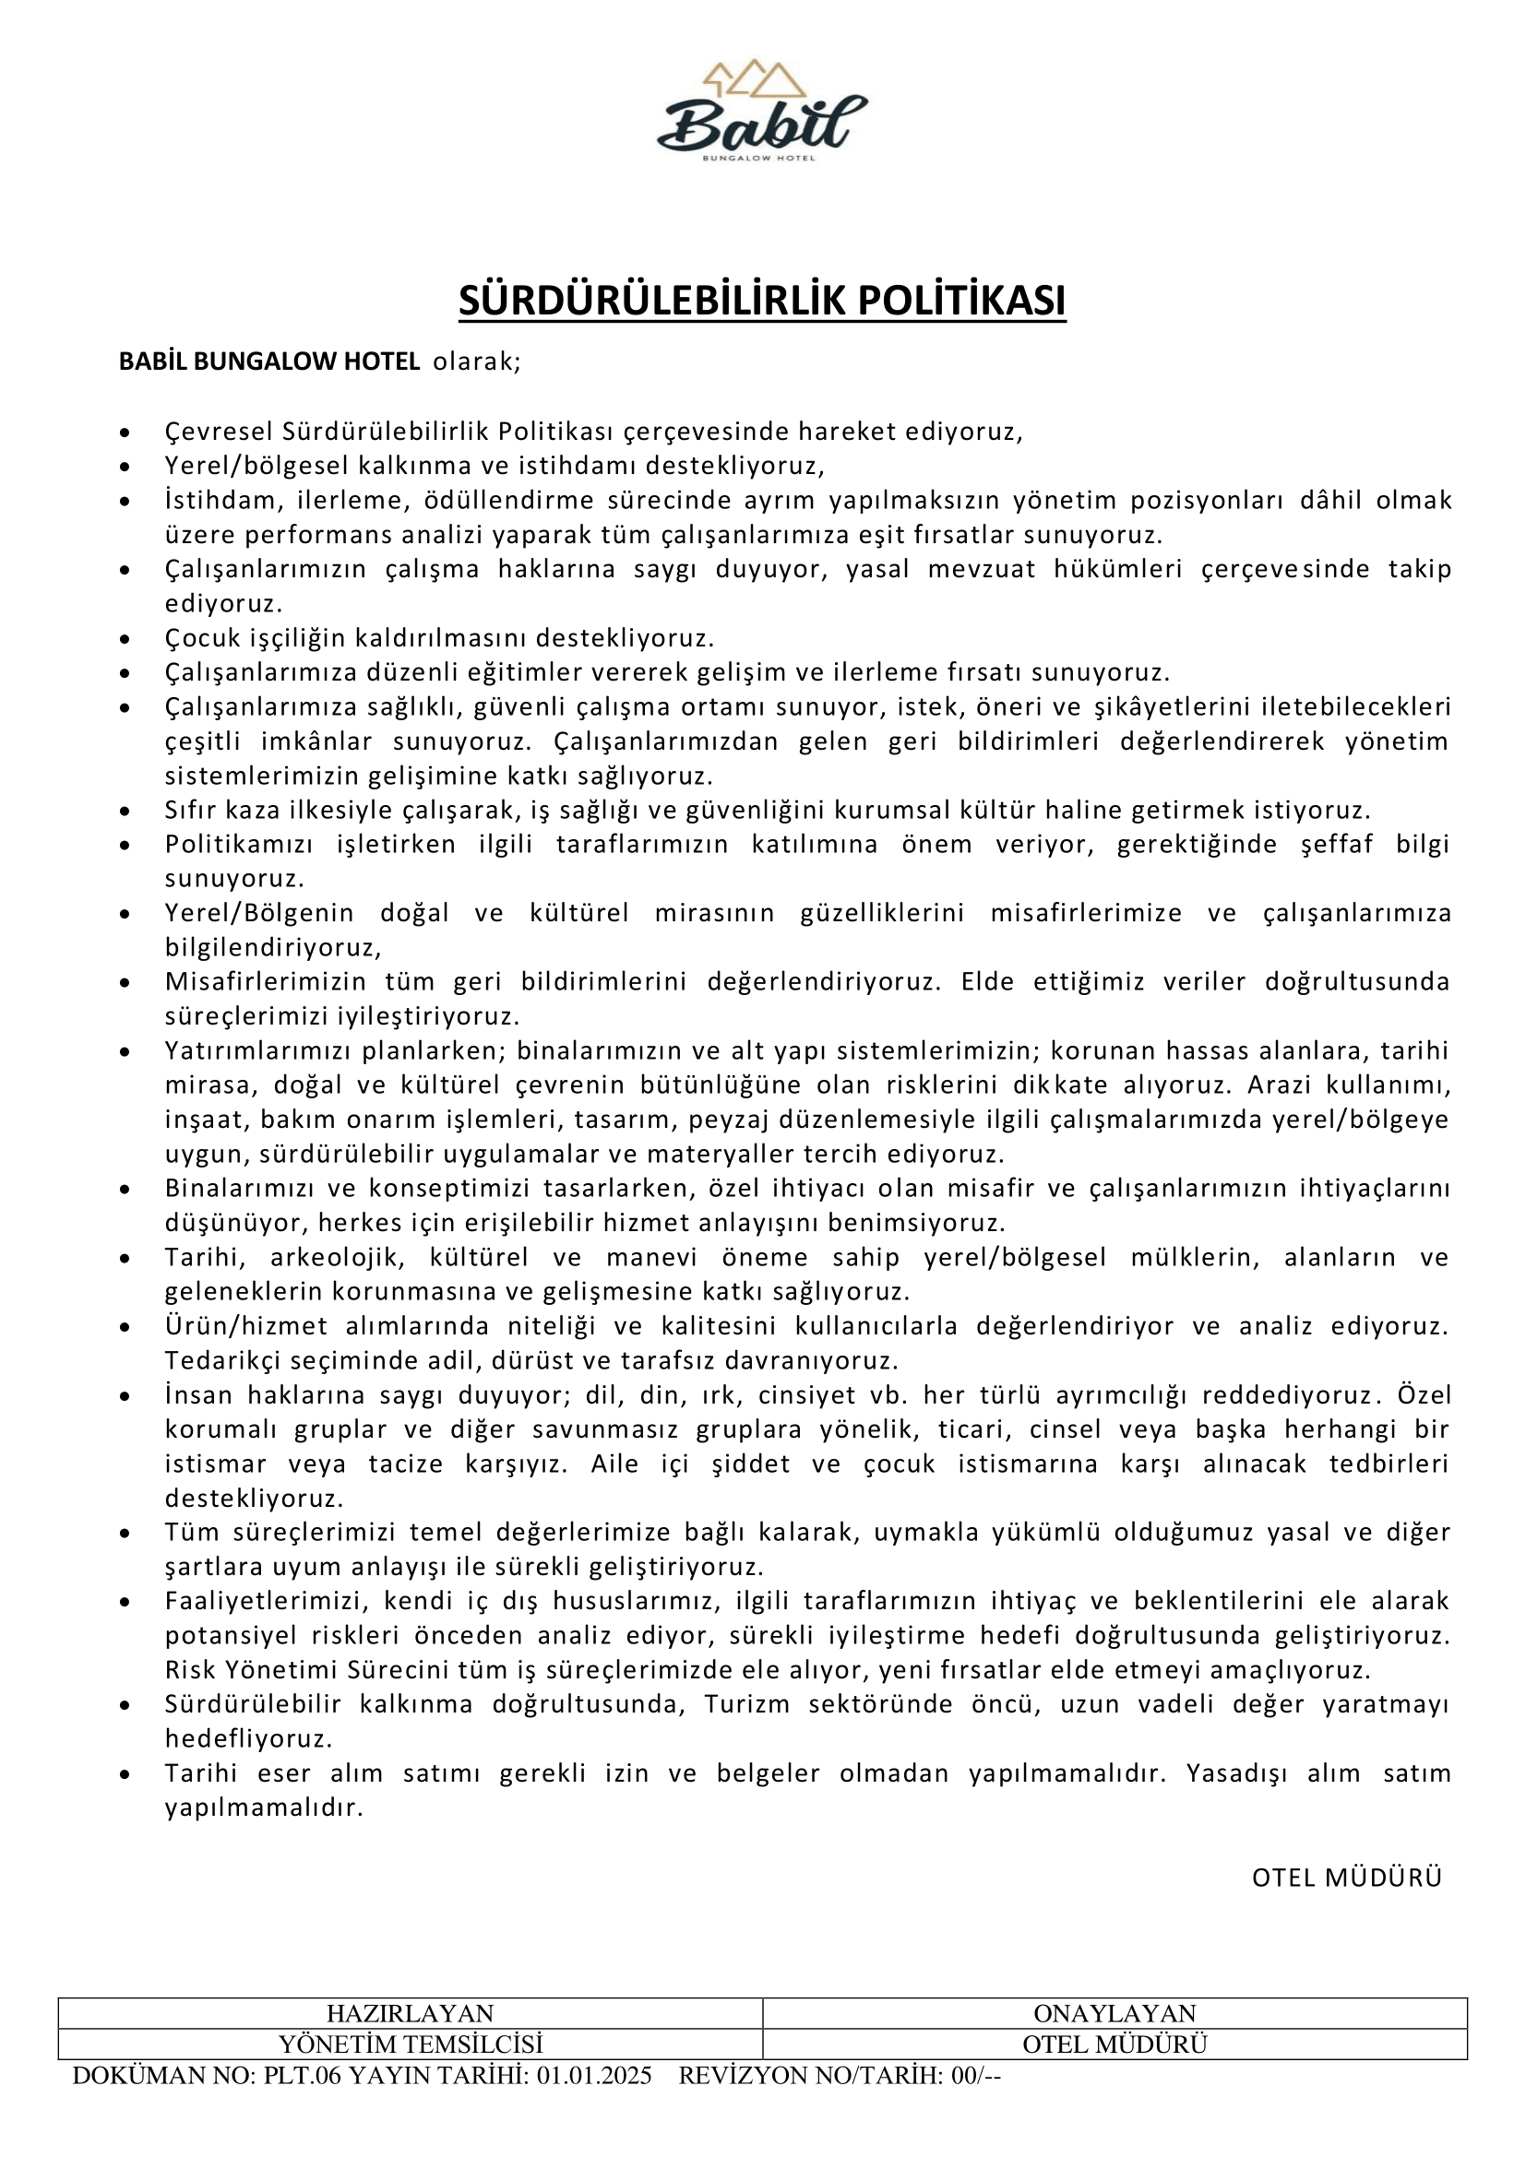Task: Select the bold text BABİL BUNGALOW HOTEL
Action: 268,361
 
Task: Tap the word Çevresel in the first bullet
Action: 219,432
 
